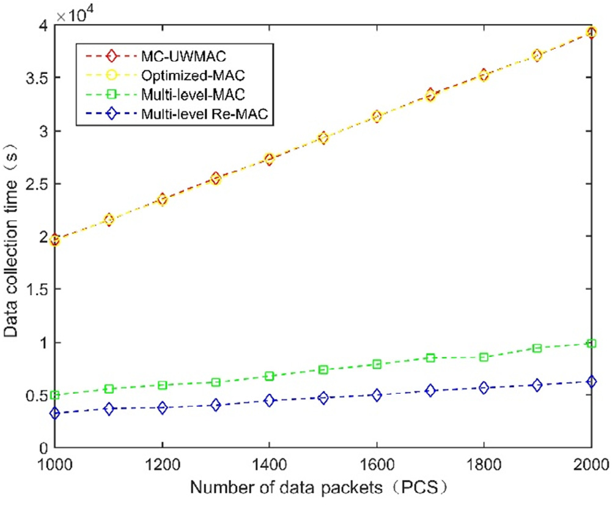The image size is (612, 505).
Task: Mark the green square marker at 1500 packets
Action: click(323, 370)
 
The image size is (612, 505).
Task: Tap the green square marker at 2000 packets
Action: click(591, 344)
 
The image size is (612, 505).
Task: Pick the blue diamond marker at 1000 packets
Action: click(55, 413)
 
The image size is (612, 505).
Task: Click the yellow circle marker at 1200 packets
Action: click(162, 199)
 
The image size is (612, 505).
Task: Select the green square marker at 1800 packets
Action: click(484, 357)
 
